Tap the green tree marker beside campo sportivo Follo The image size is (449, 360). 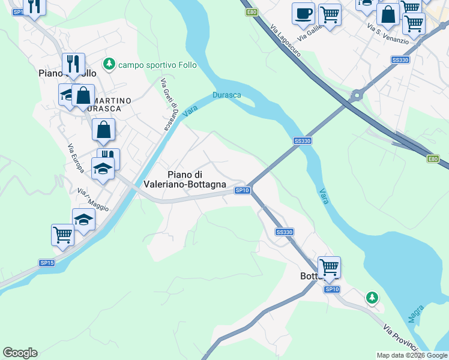109,63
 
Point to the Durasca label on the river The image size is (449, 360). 227,95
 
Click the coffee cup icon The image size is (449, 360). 303,13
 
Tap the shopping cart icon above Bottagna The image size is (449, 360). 329,266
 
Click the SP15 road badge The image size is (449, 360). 47,263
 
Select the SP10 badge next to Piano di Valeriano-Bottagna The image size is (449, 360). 242,190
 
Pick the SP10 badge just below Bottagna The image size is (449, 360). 332,289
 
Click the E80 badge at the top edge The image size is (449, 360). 252,11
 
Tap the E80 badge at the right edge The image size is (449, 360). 433,158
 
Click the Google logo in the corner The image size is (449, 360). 20,353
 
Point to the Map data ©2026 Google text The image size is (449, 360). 412,355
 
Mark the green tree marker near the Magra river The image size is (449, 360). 372,297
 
